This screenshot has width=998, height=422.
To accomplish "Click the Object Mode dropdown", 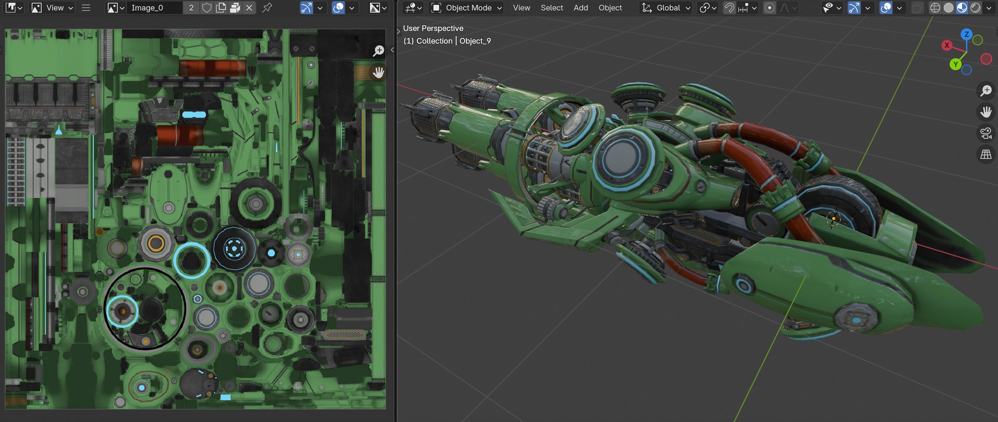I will [x=467, y=8].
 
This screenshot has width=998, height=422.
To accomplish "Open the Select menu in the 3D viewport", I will [x=551, y=8].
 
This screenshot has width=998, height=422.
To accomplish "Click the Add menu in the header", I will [x=581, y=8].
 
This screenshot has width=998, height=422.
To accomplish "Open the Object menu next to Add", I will [x=610, y=8].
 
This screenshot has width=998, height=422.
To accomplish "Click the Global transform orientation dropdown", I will [x=667, y=8].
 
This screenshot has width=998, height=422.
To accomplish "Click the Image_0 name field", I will [x=154, y=8].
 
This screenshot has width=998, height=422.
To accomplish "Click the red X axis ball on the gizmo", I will [x=947, y=45].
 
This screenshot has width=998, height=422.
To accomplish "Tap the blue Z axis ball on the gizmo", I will [x=966, y=34].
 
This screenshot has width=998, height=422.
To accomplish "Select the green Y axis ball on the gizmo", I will [x=955, y=64].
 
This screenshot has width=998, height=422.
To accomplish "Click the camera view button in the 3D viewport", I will [x=986, y=133].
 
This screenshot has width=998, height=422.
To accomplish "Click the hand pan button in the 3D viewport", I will [x=986, y=112].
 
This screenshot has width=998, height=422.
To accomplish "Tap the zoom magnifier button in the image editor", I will [x=378, y=50].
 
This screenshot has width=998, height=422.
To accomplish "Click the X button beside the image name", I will [x=249, y=8].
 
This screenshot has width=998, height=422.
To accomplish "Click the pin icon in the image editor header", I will [x=267, y=8].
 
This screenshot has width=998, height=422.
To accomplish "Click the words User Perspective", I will [x=433, y=29].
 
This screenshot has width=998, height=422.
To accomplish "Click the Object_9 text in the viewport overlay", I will [x=475, y=41].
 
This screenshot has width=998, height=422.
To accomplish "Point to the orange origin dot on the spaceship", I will [x=834, y=219].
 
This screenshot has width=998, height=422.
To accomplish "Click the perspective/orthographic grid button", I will [x=986, y=154].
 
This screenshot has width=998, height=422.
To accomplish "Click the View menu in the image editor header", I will [x=55, y=8].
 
